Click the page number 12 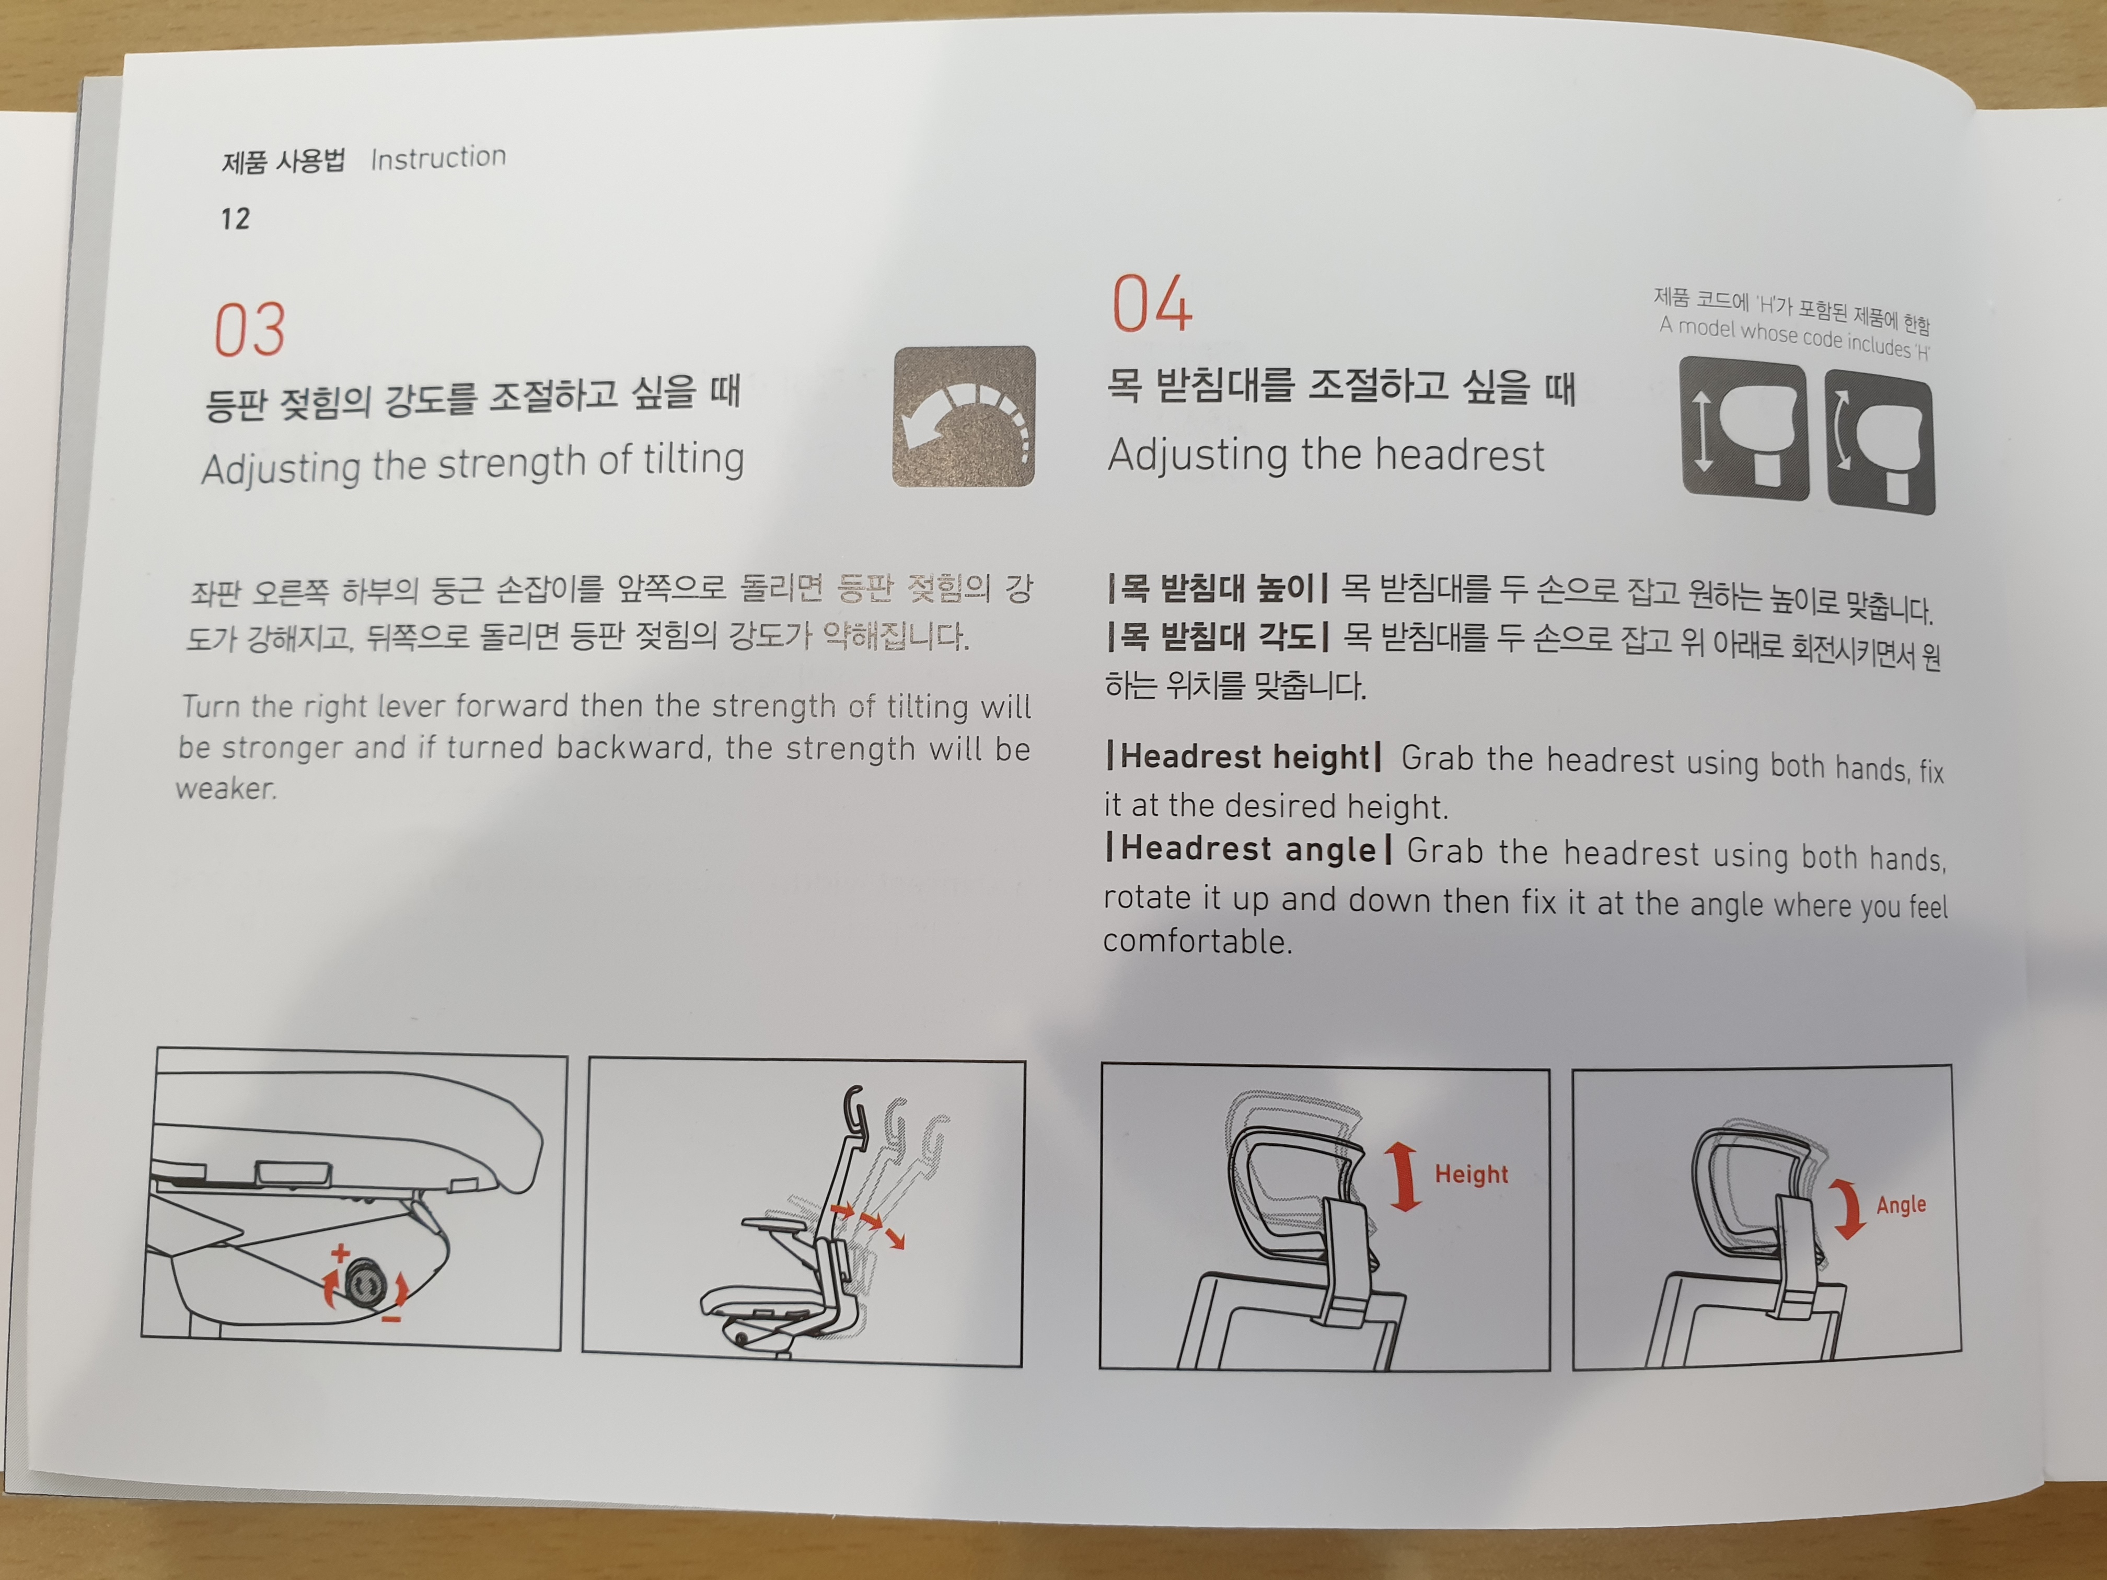235,219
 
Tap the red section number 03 250,330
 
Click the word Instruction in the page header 438,157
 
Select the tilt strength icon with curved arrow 964,416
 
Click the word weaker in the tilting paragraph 226,788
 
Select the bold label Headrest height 1244,757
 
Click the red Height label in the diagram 1472,1174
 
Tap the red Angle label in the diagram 1901,1205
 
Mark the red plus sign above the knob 339,1253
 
